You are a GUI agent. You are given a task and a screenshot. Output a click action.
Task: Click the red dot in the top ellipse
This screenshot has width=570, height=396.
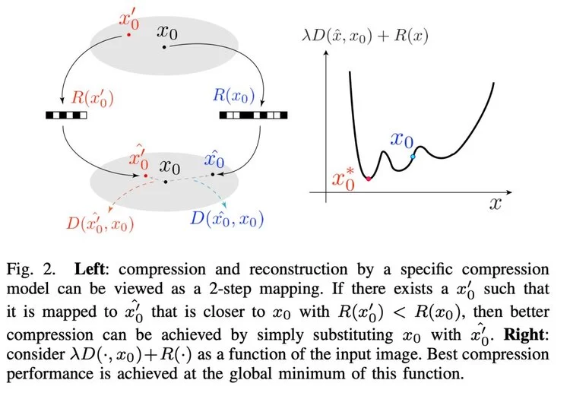(128, 34)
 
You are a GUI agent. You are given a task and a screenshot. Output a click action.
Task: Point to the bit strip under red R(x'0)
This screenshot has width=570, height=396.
(66, 116)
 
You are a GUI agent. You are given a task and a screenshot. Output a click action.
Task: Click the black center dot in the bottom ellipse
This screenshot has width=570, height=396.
(166, 181)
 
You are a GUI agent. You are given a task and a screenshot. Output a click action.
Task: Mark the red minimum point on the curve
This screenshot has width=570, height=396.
(369, 178)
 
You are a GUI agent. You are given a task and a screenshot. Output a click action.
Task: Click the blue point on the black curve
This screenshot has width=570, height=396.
(413, 157)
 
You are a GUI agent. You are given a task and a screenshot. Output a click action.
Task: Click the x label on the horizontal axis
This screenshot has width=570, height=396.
(494, 204)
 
